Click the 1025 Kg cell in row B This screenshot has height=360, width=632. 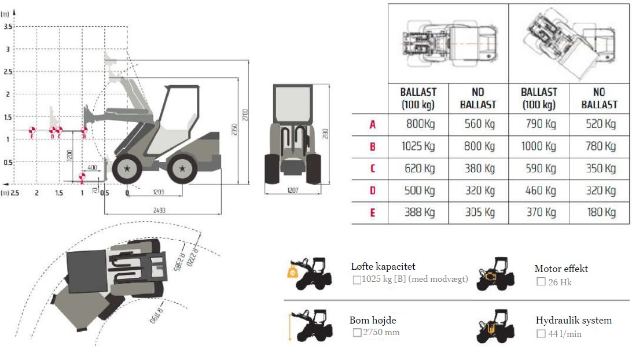click(x=418, y=146)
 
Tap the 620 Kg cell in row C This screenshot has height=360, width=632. click(x=418, y=168)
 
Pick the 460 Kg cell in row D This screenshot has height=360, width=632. click(x=539, y=191)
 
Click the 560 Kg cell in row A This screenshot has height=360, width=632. click(x=478, y=124)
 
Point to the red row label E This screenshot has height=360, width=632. click(x=373, y=213)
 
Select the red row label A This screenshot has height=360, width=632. click(x=373, y=124)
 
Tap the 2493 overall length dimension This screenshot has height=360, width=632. click(x=160, y=211)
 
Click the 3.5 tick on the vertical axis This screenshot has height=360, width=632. click(x=8, y=27)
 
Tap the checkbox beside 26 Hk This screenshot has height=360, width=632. click(x=541, y=282)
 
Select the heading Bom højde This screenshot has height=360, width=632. click(x=373, y=320)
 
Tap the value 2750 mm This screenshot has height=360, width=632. click(x=381, y=332)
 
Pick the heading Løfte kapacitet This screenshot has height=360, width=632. click(x=383, y=267)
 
